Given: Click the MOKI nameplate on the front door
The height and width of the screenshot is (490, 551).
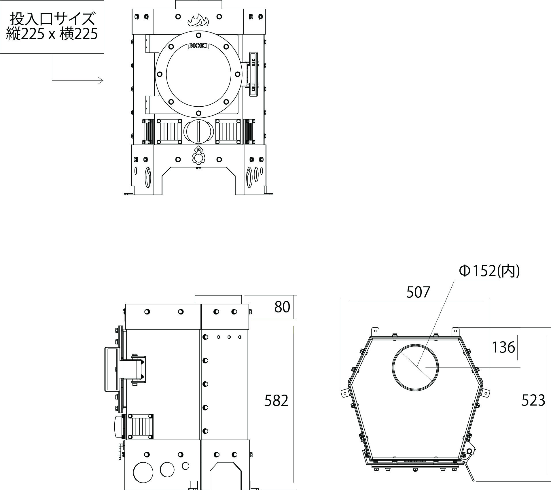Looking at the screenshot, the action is (198, 46).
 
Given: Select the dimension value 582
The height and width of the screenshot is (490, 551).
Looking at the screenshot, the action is (276, 401).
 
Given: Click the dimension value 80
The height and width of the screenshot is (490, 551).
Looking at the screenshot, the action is (282, 307).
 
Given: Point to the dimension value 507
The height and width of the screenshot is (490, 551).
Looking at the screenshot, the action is (418, 292).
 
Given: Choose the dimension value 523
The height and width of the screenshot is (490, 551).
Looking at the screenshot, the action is (533, 401).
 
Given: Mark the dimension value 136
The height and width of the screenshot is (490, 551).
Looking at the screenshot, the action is (503, 347).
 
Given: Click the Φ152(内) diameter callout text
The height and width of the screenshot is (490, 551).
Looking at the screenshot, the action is (489, 271).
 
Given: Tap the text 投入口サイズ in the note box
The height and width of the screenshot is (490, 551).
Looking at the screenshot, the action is (52, 19).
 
